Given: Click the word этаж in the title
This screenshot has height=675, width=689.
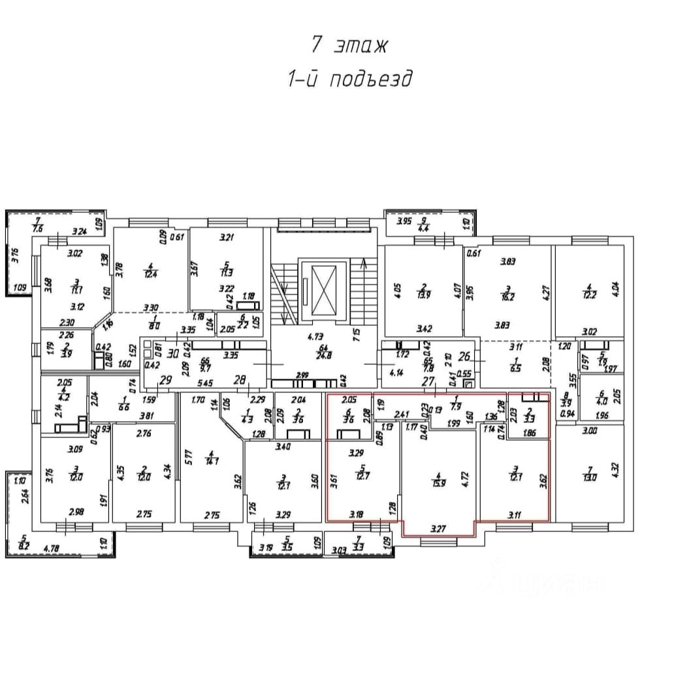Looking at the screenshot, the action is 361,46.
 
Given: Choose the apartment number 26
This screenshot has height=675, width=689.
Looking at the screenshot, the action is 465,357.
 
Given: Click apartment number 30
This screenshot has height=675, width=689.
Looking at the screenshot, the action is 172,354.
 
